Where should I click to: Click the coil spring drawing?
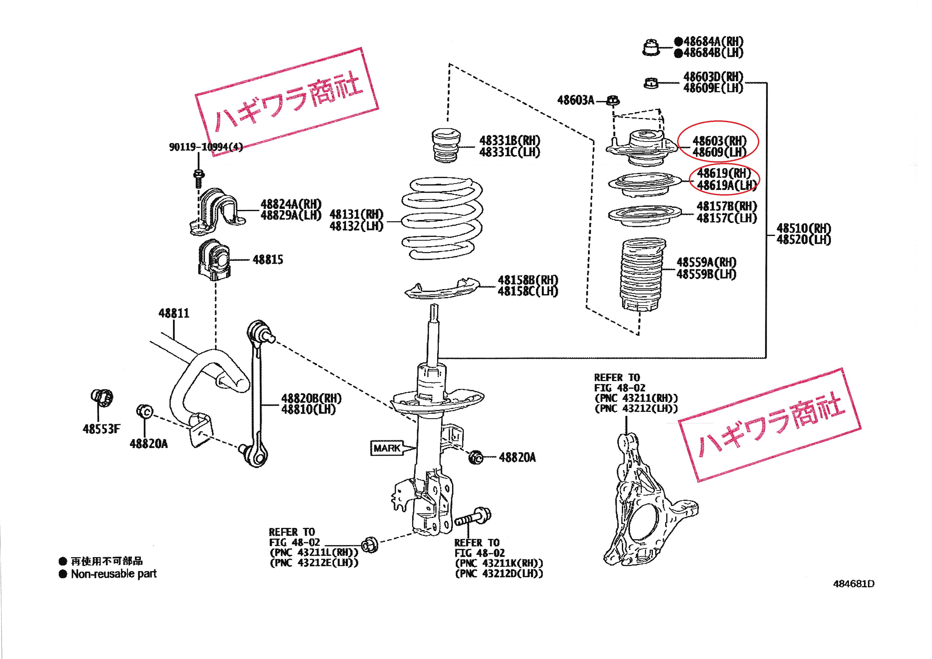442,221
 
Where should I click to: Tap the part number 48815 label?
268,260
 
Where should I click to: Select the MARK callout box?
387,448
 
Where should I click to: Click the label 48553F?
102,429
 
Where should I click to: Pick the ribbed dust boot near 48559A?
643,276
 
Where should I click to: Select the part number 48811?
174,313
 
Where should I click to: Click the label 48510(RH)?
804,229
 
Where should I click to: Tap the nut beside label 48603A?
613,100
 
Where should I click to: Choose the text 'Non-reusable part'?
114,574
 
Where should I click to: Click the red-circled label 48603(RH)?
719,141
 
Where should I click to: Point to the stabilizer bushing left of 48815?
214,262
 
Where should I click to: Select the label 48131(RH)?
356,214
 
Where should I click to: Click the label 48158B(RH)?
528,280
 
